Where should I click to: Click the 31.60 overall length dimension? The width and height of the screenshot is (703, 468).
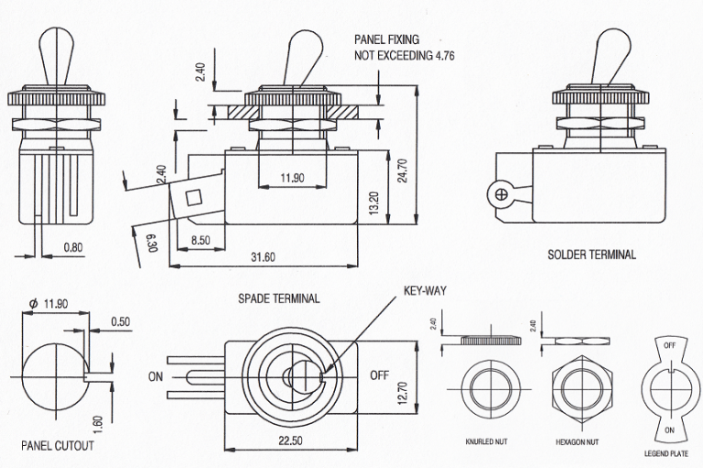(263, 256)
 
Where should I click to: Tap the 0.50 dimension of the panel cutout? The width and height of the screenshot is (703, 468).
(119, 321)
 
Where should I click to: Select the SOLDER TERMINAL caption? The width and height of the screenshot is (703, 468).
(590, 255)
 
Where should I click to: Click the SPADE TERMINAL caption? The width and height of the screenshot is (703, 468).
(279, 299)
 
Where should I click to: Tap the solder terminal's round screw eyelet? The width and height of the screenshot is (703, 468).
(500, 193)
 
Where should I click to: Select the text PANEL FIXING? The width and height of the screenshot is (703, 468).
(386, 40)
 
